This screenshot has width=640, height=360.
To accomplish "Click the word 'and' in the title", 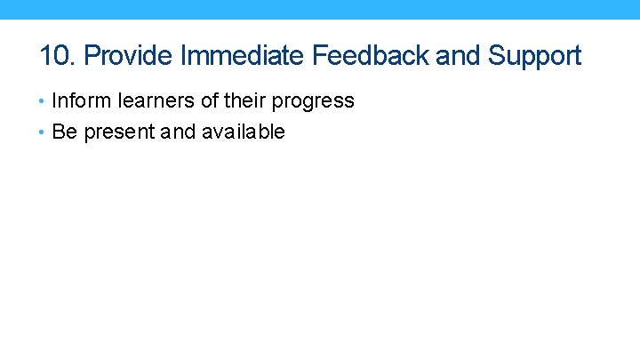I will pos(458,56).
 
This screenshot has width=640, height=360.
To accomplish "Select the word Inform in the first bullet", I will pos(76,100).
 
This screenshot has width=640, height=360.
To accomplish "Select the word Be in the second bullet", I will pos(64,132).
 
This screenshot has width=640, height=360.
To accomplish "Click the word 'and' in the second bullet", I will pos(180,132).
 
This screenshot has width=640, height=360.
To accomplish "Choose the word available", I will pos(244,132).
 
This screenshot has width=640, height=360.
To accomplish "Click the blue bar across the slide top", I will pos(320,9).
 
